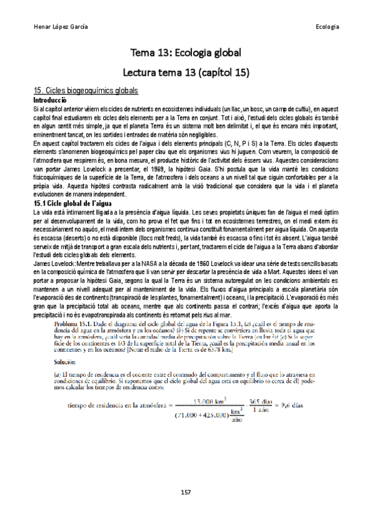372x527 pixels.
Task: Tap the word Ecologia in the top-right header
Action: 327,27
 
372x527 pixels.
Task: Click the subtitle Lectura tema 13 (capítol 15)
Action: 185,72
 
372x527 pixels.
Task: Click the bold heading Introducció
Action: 53,99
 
